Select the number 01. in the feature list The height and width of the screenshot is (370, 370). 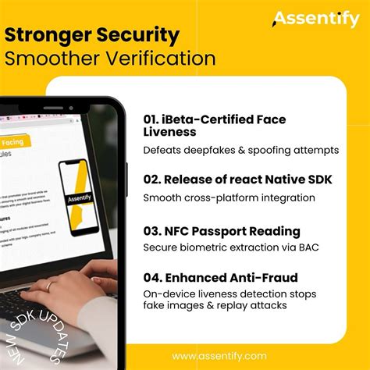coord(155,119)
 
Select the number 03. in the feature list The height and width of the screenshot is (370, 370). coord(155,231)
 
